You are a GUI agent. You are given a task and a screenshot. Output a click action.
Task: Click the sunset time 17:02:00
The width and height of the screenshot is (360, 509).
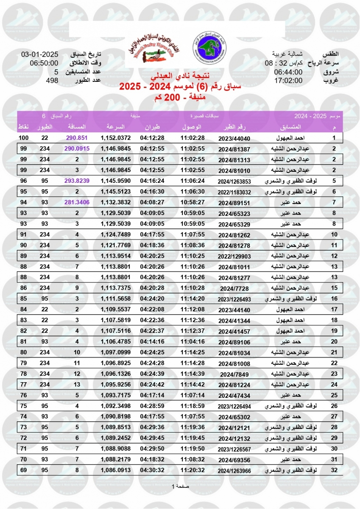pos(288,80)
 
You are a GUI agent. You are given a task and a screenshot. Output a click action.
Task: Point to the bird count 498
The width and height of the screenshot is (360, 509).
pos(52,80)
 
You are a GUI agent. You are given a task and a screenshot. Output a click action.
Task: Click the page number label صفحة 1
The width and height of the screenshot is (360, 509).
pos(180,486)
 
